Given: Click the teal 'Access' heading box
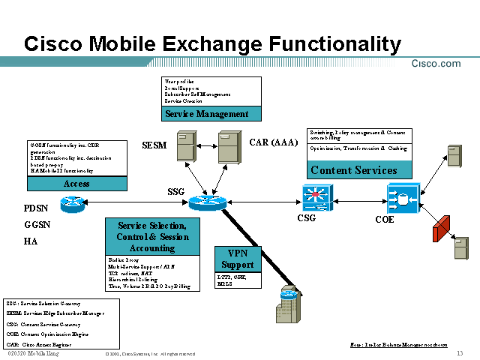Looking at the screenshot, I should click(76, 184).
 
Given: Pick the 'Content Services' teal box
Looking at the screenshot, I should click(354, 170).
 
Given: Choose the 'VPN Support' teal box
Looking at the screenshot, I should click(237, 259).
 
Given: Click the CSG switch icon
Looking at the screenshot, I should click(316, 196).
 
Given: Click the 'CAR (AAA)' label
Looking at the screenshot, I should click(274, 142).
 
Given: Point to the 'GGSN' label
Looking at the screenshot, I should click(37, 224).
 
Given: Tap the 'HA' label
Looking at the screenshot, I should click(31, 241).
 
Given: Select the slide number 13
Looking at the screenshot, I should click(459, 353).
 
